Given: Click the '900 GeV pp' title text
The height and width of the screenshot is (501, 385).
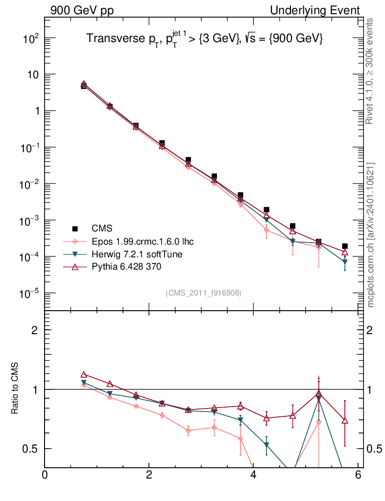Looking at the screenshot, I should [x=81, y=10].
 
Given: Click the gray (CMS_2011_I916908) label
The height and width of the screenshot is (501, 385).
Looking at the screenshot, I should [x=203, y=293].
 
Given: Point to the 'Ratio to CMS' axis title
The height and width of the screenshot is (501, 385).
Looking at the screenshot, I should [x=15, y=389].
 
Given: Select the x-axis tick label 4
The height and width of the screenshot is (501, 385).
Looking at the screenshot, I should [x=253, y=475].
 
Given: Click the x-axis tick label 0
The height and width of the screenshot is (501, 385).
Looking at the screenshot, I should [x=45, y=475].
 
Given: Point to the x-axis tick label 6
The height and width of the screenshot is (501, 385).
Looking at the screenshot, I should [x=358, y=475].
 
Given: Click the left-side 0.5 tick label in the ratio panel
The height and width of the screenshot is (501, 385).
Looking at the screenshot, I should [x=29, y=449].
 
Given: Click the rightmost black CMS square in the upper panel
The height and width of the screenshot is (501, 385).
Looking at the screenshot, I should [x=345, y=246].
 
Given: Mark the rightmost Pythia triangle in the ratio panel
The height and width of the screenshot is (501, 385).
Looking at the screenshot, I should [x=345, y=421].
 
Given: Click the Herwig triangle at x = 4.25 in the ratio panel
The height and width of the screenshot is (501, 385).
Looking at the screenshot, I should [x=266, y=445].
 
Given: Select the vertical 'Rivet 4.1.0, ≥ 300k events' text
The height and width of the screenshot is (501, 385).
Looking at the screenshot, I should [x=371, y=71].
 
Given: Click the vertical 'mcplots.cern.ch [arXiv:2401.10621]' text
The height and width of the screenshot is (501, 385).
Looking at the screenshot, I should [x=371, y=235].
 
